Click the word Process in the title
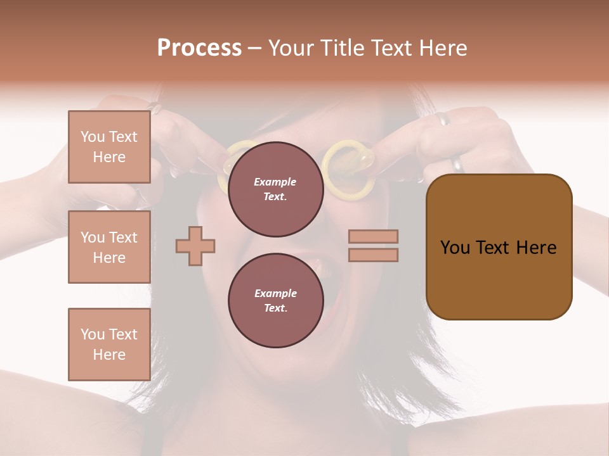199,48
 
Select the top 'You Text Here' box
109,147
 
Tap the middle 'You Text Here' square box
109,247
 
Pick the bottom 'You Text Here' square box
109,345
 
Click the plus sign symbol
195,246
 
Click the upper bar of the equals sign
373,236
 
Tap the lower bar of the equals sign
373,255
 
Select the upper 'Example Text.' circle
275,189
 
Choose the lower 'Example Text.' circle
275,300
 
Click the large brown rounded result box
499,247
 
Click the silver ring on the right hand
457,165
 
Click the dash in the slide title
254,48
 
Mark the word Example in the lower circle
275,293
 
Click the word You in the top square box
93,137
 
